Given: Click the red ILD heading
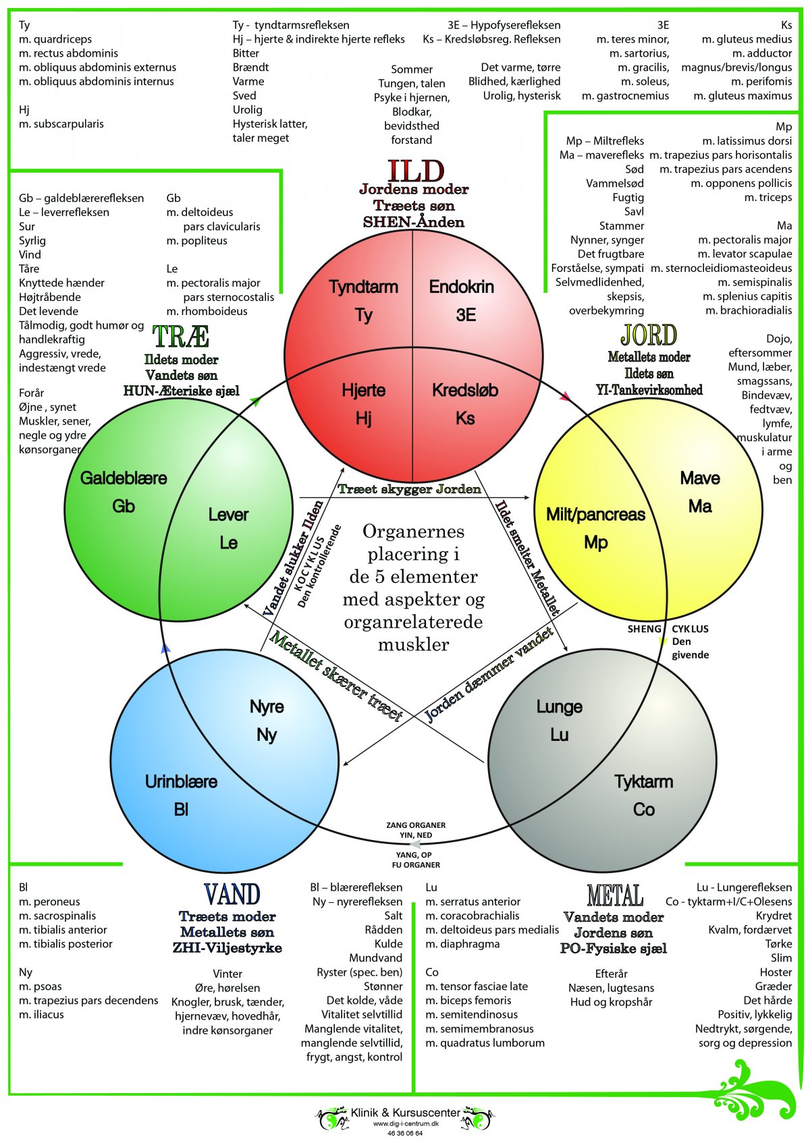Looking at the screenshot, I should [416, 171].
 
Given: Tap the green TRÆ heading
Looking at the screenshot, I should [181, 337].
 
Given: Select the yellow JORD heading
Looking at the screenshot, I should [649, 335].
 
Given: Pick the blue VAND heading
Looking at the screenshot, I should [232, 895].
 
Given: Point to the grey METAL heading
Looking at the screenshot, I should [615, 896].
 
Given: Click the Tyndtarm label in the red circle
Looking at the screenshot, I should [363, 287].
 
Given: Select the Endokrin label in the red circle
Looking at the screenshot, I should [462, 287].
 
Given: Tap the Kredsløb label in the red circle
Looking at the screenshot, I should [465, 390].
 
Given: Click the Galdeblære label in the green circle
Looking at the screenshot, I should [124, 478].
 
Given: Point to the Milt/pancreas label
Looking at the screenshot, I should [595, 515].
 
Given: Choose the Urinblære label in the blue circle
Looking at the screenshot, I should [181, 781].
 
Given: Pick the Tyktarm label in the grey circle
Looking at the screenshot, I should [643, 781].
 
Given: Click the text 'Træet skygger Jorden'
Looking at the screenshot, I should [409, 489].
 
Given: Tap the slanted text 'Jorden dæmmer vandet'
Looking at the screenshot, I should [489, 673].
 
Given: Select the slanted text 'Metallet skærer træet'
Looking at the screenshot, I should [336, 676].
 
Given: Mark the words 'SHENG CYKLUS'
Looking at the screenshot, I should [668, 629].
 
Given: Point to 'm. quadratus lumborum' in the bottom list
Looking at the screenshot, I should [485, 1042].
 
